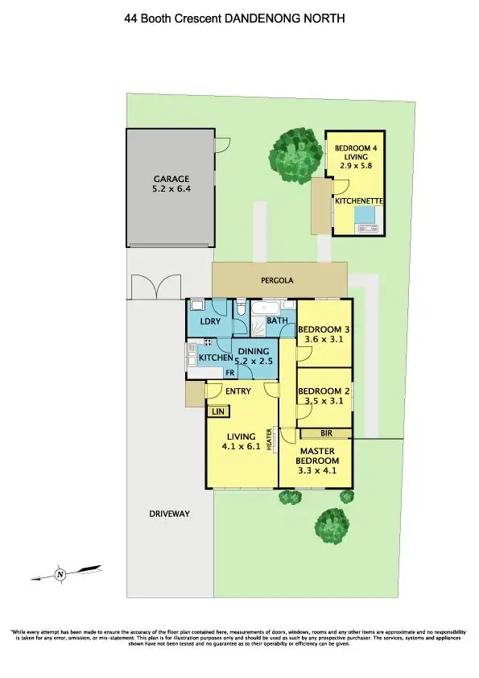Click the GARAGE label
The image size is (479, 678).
pyautogui.click(x=171, y=179)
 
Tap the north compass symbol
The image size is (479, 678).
pyautogui.click(x=60, y=574)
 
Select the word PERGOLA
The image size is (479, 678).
pyautogui.click(x=279, y=281)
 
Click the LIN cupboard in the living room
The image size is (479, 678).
pyautogui.click(x=217, y=411)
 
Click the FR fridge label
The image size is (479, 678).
pyautogui.click(x=229, y=374)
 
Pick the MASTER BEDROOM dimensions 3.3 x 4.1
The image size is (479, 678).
pyautogui.click(x=316, y=473)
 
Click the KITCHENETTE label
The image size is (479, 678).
pyautogui.click(x=358, y=200)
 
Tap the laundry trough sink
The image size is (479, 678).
pyautogui.click(x=197, y=308)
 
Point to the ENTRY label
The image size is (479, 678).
pyautogui.click(x=238, y=391)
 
